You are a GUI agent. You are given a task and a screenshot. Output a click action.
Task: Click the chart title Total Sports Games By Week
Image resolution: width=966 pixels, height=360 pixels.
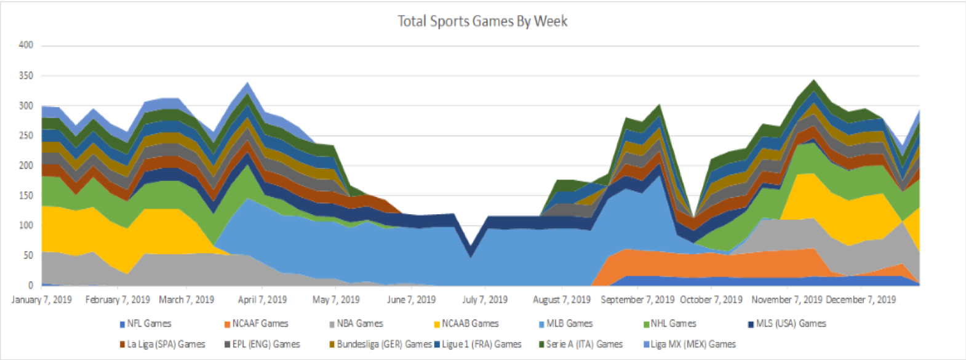click(482, 22)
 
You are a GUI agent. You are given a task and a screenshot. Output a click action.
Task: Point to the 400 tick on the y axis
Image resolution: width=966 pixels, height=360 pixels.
click(26, 45)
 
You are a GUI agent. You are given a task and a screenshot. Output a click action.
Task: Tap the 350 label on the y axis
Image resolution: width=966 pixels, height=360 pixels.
click(26, 76)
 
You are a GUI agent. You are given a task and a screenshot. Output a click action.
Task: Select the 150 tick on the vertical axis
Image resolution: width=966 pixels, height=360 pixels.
click(26, 196)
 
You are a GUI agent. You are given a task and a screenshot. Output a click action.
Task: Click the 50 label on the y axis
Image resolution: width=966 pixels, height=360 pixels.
click(28, 255)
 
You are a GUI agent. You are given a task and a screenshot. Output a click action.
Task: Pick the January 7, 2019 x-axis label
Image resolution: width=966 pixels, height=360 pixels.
click(42, 300)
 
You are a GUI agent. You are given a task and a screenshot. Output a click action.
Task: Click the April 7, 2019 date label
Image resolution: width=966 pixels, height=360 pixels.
click(262, 300)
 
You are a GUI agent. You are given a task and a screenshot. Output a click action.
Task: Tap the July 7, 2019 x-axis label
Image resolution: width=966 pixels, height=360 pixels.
click(485, 300)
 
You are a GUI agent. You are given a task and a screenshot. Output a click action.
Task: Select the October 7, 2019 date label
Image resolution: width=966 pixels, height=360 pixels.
click(711, 300)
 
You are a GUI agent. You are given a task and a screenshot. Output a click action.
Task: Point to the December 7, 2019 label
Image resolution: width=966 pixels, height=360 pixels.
click(861, 300)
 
